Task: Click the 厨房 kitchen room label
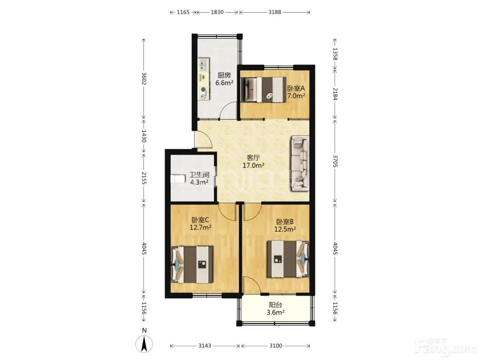click(x=224, y=75)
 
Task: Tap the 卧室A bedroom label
click(x=296, y=88)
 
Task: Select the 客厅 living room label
click(x=253, y=158)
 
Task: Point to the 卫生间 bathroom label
click(x=200, y=175)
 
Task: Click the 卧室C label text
click(x=200, y=220)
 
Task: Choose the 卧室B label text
click(x=285, y=222)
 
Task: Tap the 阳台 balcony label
click(x=276, y=305)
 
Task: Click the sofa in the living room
click(x=300, y=163)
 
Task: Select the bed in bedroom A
click(x=263, y=89)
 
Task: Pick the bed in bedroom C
click(x=192, y=265)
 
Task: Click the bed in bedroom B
click(x=288, y=259)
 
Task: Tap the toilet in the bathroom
click(x=178, y=179)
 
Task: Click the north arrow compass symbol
click(x=144, y=344)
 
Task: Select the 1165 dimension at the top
click(x=183, y=12)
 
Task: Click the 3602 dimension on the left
click(x=144, y=79)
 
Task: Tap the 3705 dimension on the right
click(x=335, y=161)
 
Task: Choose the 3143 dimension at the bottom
click(x=205, y=346)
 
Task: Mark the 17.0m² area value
click(x=253, y=166)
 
